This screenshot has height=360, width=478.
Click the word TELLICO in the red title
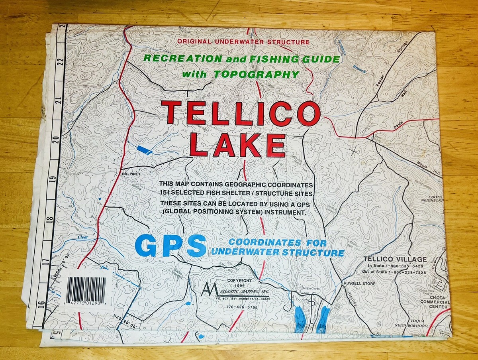pyautogui.click(x=241, y=113)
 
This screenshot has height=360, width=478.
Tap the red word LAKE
pyautogui.click(x=237, y=145)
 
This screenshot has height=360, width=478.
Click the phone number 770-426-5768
pyautogui.click(x=242, y=307)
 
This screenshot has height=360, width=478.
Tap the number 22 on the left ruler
pyautogui.click(x=61, y=62)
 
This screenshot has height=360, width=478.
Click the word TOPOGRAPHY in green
pyautogui.click(x=256, y=74)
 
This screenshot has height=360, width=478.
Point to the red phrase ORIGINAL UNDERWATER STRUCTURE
pyautogui.click(x=243, y=41)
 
